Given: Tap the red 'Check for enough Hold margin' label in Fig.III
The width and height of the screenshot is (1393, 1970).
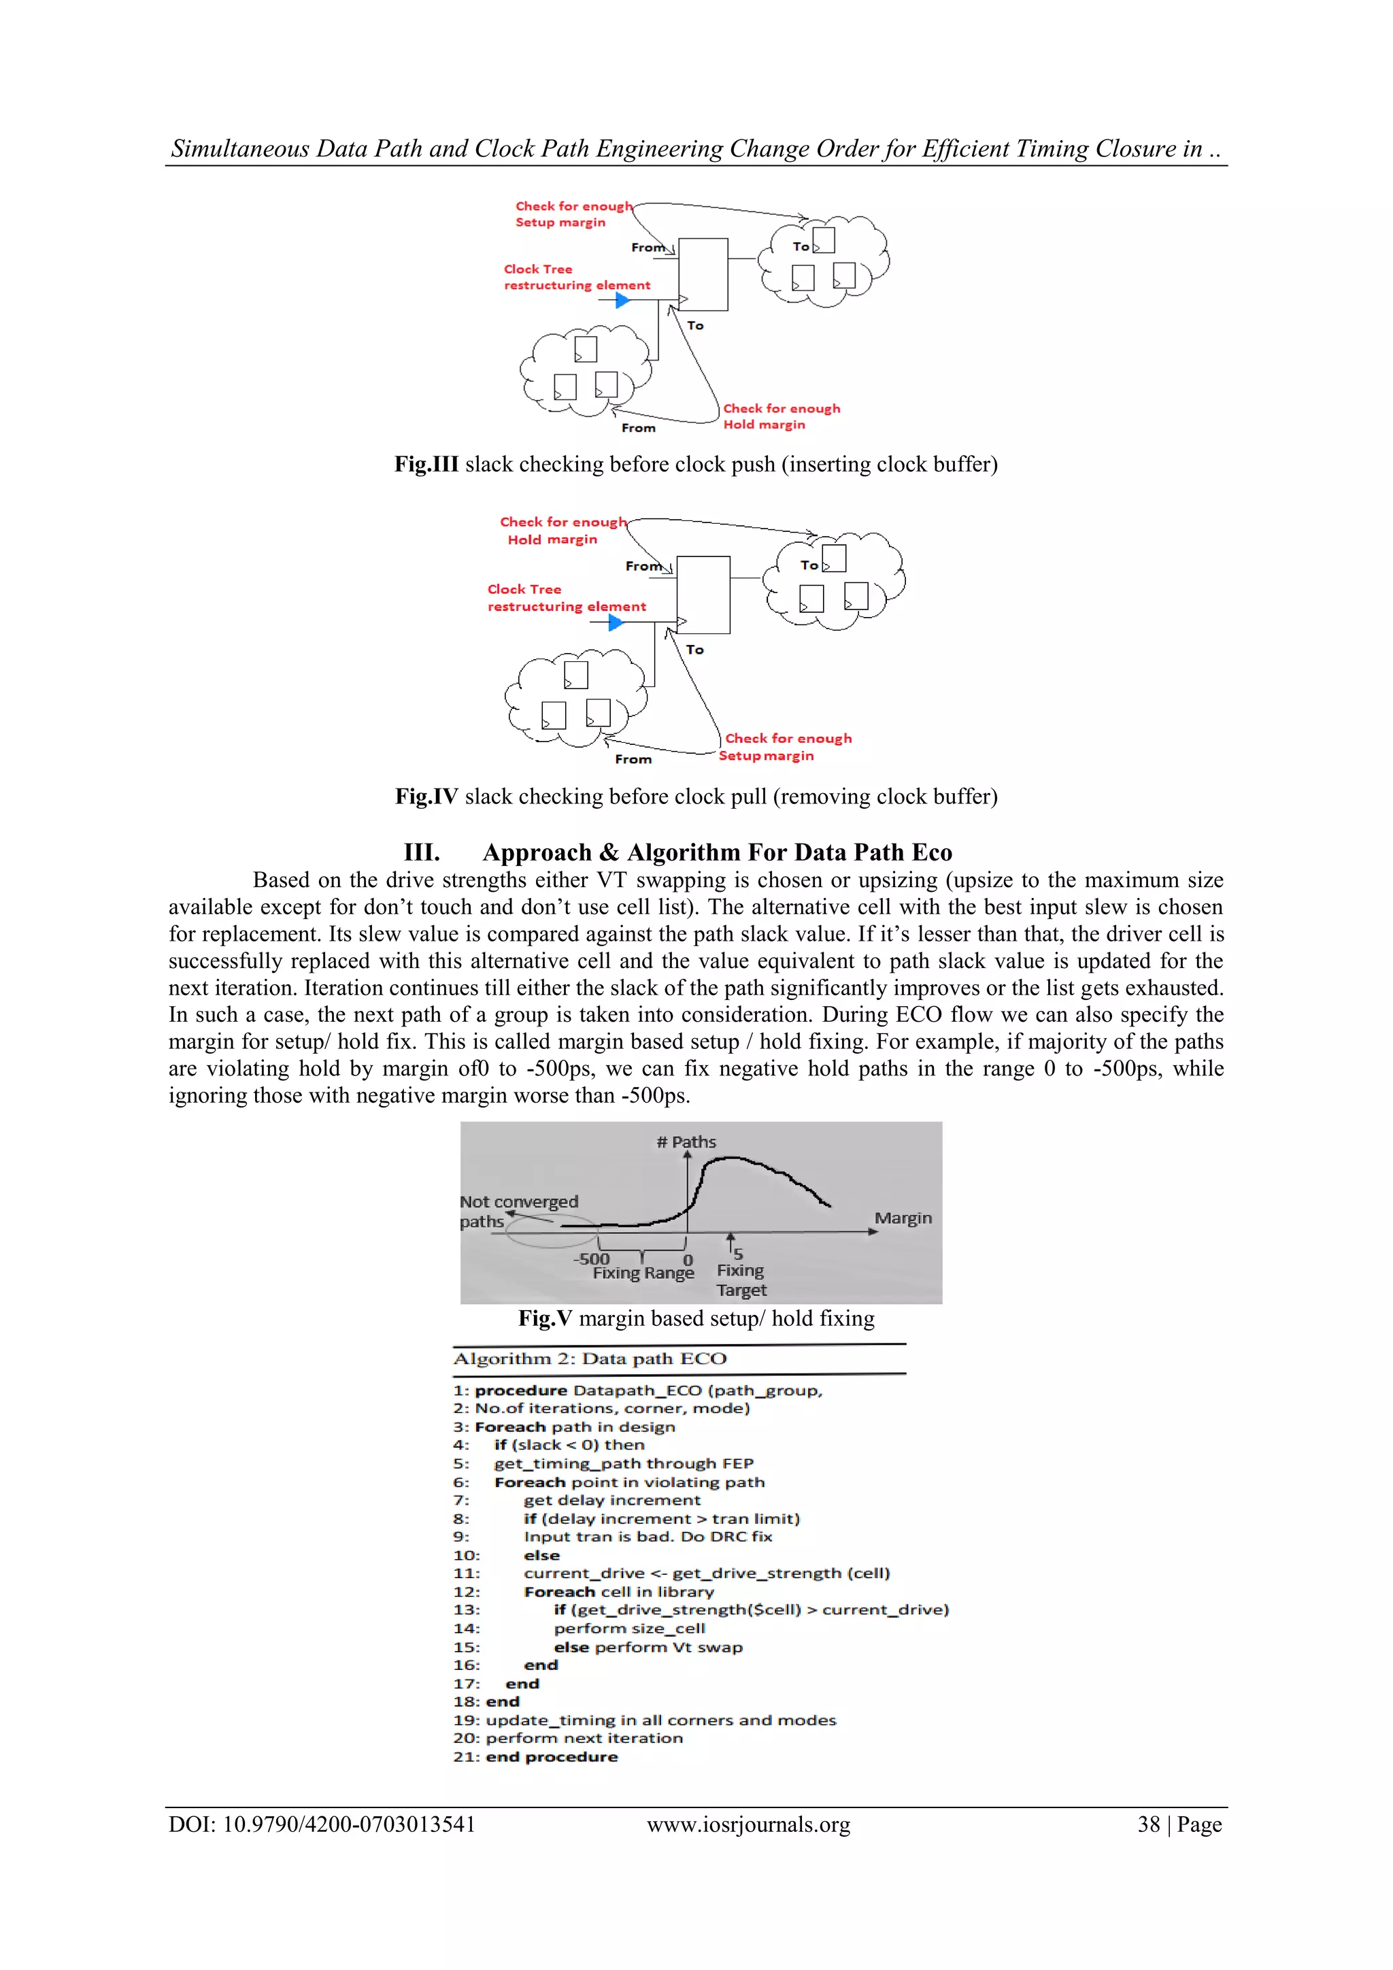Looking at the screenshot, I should [x=781, y=416].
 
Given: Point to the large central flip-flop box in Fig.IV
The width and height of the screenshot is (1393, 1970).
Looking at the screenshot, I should [x=703, y=594].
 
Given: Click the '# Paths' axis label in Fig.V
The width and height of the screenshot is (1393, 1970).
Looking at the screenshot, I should [x=686, y=1142].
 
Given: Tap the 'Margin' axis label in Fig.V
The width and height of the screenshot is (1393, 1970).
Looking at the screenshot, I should [x=903, y=1218].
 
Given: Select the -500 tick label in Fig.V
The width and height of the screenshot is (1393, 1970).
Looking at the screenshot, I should [x=591, y=1258].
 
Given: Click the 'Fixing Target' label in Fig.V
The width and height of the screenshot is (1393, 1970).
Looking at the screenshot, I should [x=741, y=1280].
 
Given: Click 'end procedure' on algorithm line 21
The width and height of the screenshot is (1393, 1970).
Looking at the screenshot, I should [x=552, y=1756].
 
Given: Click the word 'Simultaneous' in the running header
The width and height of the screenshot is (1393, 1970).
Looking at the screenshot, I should [x=239, y=148].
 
